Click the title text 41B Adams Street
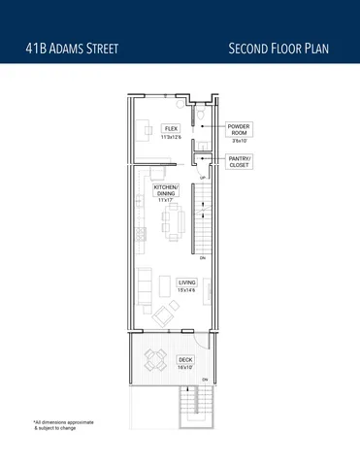click(73, 48)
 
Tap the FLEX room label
click(171, 129)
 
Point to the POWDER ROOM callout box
click(239, 132)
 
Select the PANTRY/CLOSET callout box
click(239, 161)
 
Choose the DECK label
click(185, 359)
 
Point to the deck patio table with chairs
click(153, 360)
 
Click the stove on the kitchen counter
click(138, 233)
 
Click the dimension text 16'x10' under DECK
click(185, 367)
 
